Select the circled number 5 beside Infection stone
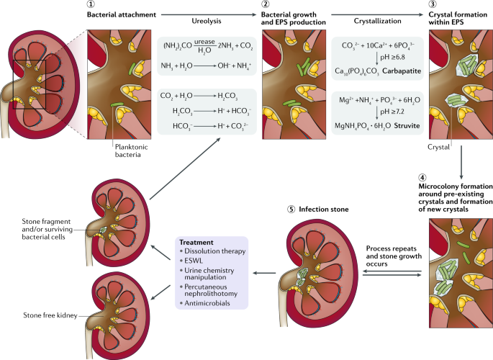coord(289,210)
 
